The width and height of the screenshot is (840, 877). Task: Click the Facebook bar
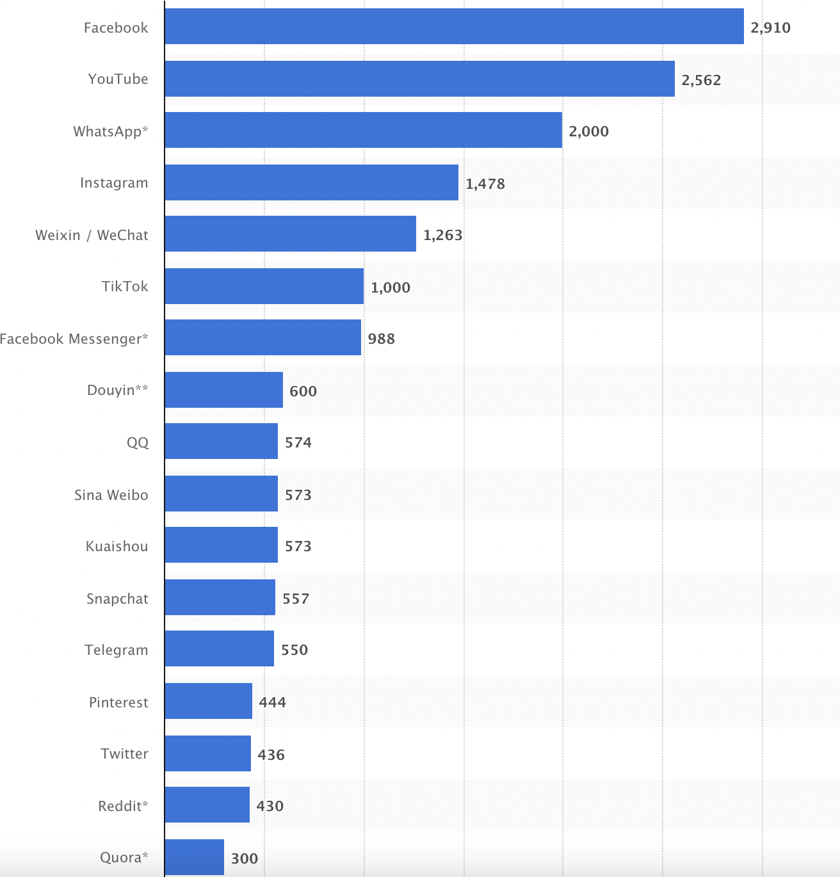click(x=454, y=26)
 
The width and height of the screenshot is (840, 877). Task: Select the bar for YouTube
click(x=419, y=79)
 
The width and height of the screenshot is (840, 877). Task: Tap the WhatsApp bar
click(x=363, y=130)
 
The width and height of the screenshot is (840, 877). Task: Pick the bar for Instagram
click(x=311, y=182)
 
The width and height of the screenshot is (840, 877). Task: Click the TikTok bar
click(x=264, y=286)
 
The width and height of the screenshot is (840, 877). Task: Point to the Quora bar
click(x=194, y=857)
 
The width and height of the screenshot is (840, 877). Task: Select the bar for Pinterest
click(x=208, y=701)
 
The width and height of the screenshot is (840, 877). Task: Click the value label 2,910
click(x=770, y=28)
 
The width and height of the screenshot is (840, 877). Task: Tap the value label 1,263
click(x=442, y=235)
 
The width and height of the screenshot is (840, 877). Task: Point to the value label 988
click(x=381, y=339)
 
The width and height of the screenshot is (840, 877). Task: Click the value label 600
click(x=303, y=391)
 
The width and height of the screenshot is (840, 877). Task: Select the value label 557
click(x=296, y=599)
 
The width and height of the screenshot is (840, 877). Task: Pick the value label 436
click(x=271, y=755)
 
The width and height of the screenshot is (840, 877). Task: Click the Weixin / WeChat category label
click(x=92, y=235)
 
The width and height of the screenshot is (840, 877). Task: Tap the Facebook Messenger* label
click(x=74, y=339)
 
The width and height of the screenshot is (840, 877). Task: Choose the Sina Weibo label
click(x=111, y=495)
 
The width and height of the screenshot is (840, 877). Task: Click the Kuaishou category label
click(x=117, y=546)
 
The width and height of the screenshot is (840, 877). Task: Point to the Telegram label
click(x=116, y=650)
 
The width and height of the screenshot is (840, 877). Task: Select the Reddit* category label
click(x=123, y=806)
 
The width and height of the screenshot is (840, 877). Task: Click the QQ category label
click(x=137, y=442)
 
